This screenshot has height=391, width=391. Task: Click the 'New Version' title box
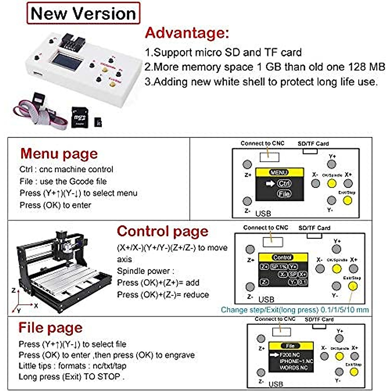83,13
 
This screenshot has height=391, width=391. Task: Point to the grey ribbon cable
36,112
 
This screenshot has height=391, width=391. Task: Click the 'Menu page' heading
59,153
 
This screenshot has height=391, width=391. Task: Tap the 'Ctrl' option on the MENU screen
284,183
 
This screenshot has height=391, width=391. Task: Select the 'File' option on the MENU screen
284,194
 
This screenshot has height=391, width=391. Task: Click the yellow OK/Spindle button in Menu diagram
332,183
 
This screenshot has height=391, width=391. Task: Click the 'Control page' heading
162,231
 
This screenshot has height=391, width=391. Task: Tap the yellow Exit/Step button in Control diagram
353,286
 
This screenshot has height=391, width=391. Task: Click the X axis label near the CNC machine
36,306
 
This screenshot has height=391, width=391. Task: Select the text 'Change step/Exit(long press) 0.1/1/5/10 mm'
295,310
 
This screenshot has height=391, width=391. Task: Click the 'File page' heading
51,327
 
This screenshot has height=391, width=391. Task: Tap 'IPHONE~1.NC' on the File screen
296,361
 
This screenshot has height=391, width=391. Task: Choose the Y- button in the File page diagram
339,372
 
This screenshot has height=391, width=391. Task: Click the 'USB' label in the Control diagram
266,299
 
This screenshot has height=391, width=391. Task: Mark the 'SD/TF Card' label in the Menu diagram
313,144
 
